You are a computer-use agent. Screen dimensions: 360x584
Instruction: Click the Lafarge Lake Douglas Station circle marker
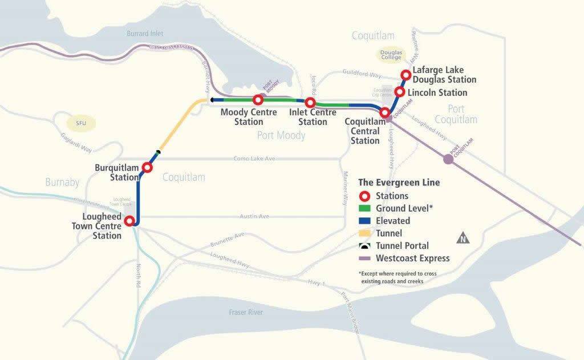(405, 75)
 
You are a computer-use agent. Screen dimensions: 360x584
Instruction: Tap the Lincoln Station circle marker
(400, 92)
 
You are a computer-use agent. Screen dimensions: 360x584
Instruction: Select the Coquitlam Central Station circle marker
(386, 113)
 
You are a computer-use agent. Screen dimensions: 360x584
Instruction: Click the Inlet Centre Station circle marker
(310, 103)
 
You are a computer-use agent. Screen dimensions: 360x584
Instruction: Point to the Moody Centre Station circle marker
(258, 100)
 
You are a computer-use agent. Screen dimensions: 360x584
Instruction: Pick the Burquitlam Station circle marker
(147, 168)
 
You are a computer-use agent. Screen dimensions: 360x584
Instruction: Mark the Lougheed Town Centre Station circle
(130, 221)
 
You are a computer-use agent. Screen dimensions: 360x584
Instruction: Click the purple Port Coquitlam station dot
(448, 159)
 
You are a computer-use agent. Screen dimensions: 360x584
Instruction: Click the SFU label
(75, 122)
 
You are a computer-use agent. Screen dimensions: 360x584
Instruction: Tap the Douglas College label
(392, 55)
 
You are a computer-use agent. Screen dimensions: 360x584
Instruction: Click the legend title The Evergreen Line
(399, 183)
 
